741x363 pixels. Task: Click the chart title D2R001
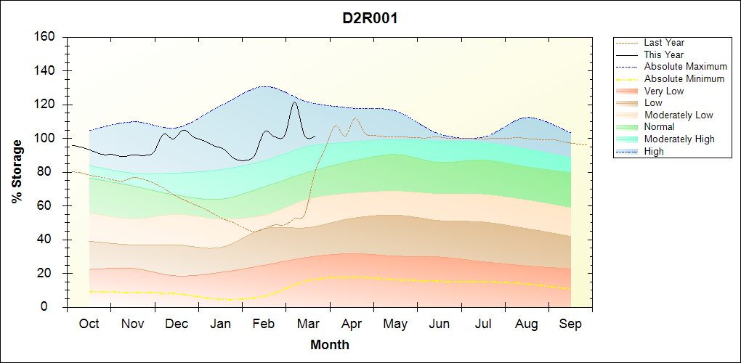tap(370, 18)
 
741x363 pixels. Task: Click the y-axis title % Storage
tap(17, 171)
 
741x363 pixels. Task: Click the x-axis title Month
tap(330, 345)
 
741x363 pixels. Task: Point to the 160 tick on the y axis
tap(46, 37)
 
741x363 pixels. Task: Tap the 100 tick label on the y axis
tap(46, 139)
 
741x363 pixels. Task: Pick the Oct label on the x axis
tap(89, 325)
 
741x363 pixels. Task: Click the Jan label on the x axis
tap(220, 325)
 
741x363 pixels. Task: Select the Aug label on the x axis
tap(526, 325)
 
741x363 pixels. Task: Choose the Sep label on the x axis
tap(570, 325)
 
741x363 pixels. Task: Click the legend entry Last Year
tap(664, 43)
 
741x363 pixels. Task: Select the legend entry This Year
tap(664, 55)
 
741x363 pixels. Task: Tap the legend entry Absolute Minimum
tap(684, 79)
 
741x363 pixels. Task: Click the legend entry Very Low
tap(664, 91)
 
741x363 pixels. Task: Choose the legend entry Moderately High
tap(679, 139)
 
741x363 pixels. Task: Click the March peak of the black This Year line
tap(294, 102)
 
